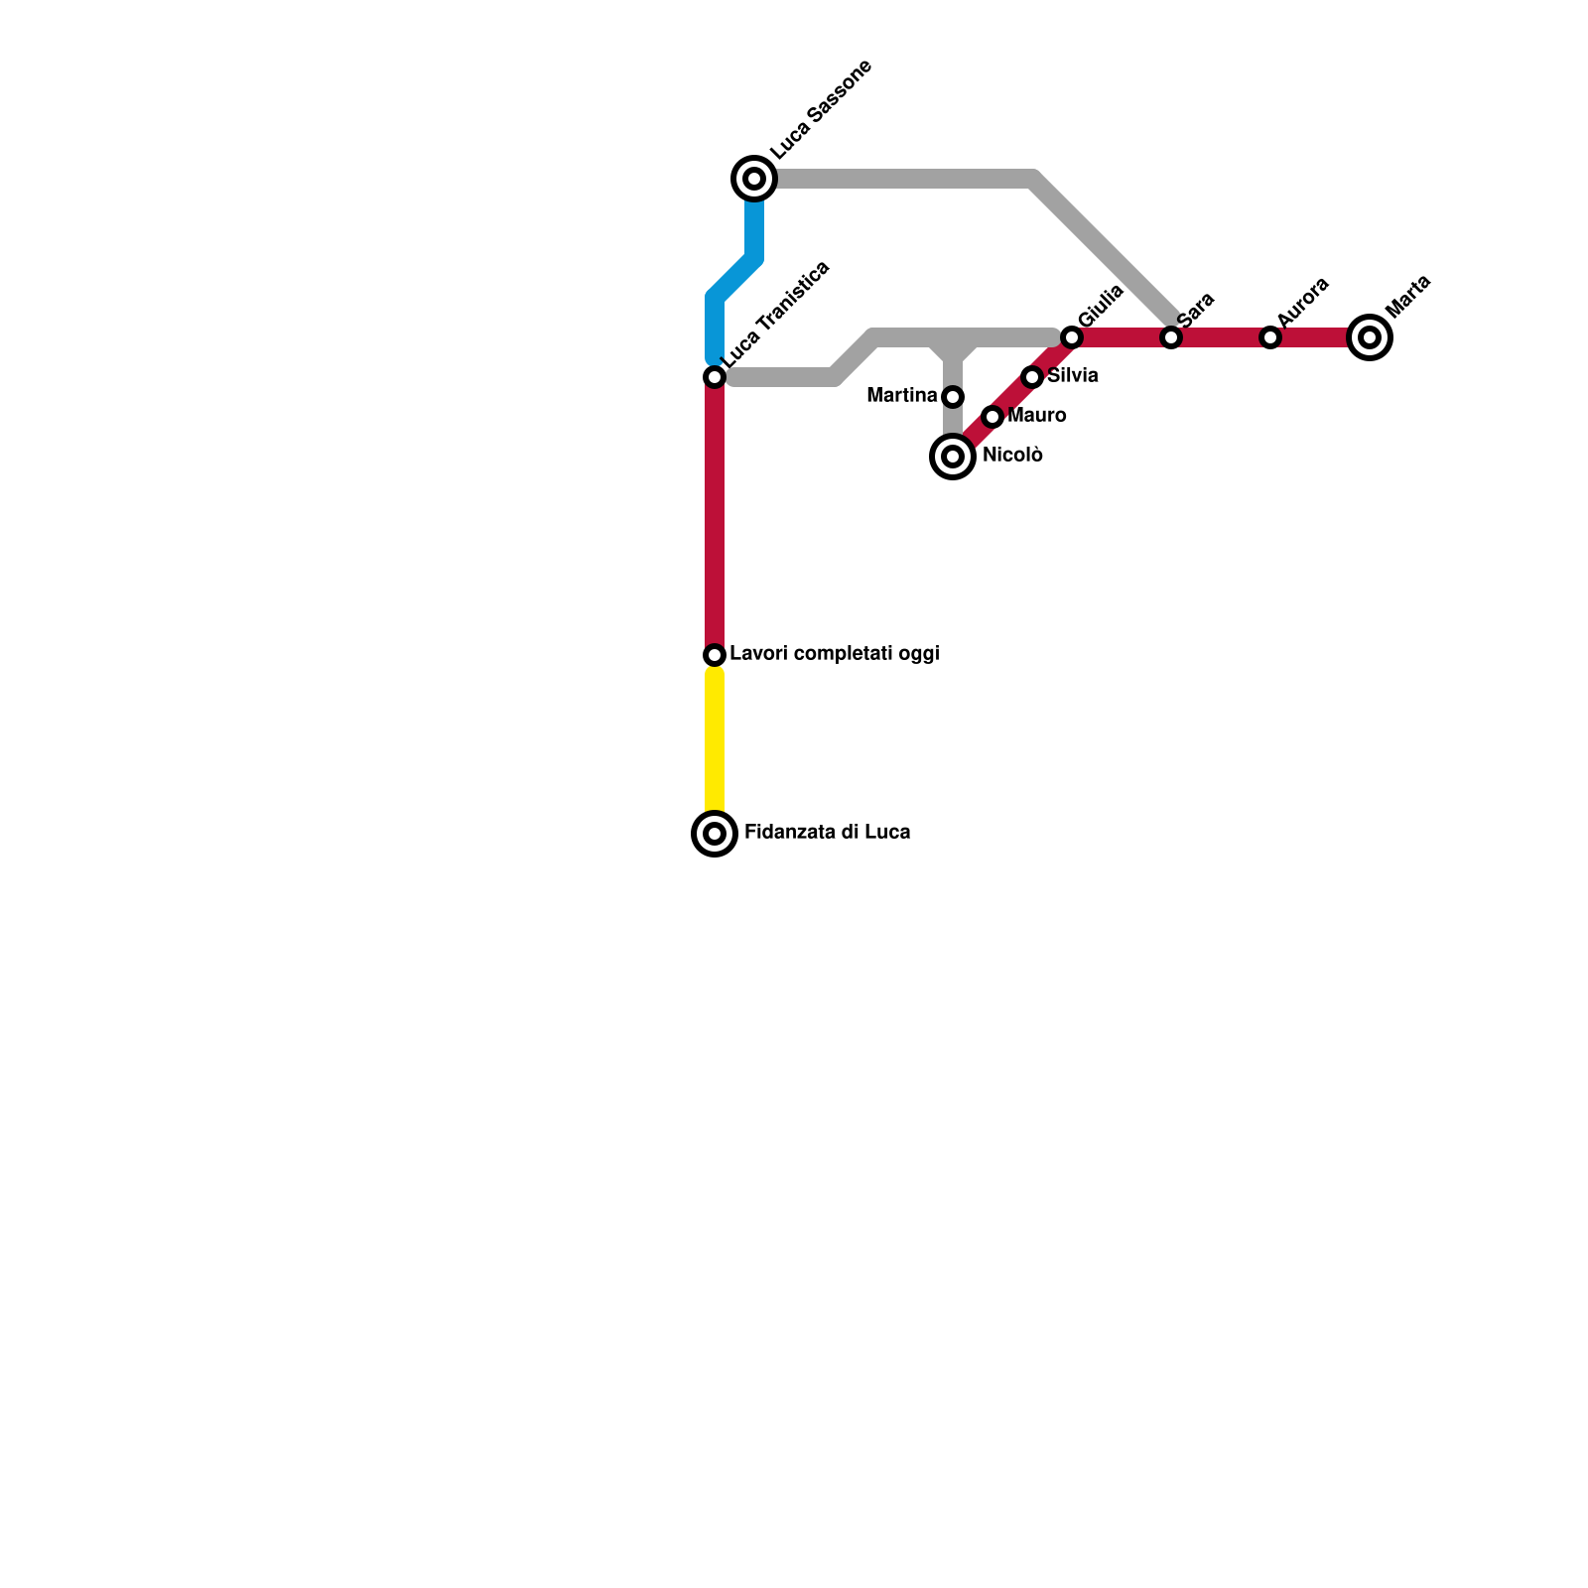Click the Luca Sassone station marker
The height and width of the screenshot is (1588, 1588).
click(754, 179)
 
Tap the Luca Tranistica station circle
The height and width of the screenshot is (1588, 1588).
click(715, 377)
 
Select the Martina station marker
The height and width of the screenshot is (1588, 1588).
click(953, 397)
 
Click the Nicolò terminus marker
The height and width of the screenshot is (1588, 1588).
click(953, 457)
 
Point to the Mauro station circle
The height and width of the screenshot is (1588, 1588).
click(992, 417)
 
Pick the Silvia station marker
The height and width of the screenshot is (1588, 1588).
click(1032, 377)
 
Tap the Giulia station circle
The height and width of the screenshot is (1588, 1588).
click(1072, 337)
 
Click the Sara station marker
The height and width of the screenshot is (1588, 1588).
click(1171, 337)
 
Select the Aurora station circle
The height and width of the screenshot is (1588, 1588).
click(1270, 337)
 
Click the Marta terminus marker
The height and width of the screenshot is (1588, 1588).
click(1370, 337)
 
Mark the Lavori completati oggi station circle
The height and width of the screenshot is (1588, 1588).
click(715, 655)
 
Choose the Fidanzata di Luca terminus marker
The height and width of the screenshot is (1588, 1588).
click(715, 834)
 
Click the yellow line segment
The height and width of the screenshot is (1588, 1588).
click(715, 744)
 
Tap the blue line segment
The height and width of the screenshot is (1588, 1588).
click(735, 278)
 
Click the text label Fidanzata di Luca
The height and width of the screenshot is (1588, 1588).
click(827, 833)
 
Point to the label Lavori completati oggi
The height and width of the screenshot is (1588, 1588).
click(834, 654)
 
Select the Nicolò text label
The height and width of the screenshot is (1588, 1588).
click(1012, 456)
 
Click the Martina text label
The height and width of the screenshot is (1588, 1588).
click(901, 396)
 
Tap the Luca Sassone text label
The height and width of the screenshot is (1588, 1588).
click(822, 109)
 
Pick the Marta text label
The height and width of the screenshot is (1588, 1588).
click(1408, 296)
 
